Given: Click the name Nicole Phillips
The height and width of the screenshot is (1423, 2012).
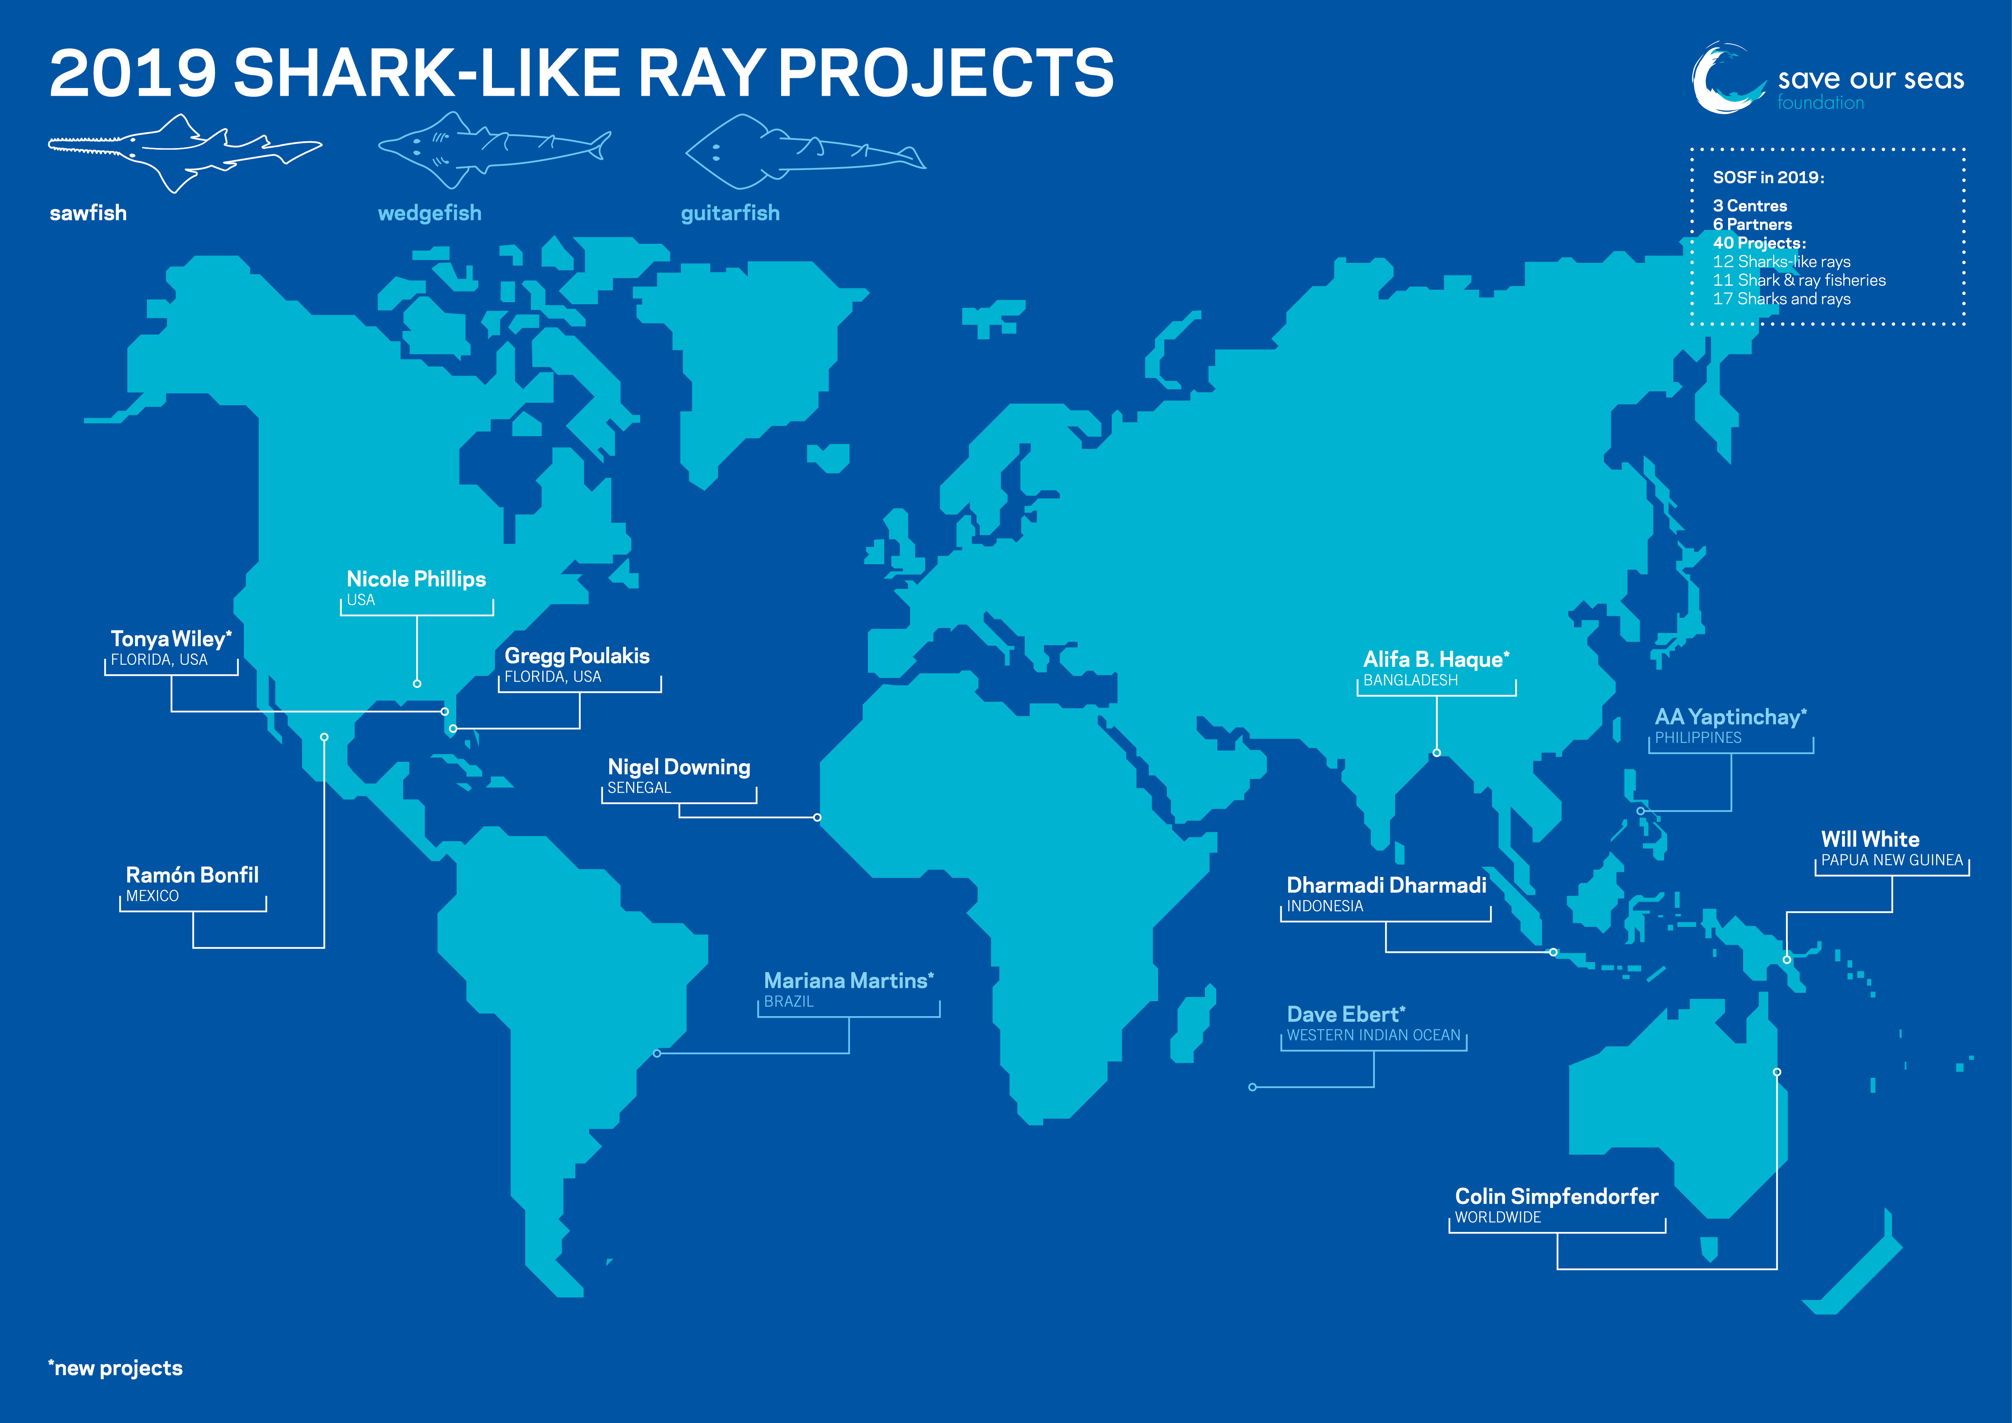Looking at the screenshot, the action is coord(416,579).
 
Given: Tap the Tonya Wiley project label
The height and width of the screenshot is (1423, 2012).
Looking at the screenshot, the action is coord(171,639).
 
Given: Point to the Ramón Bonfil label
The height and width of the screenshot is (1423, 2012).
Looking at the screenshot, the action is coord(192,875).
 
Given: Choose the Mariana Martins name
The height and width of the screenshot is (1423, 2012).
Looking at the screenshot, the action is coord(848,980).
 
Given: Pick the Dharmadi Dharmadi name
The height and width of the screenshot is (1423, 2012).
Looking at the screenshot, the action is coord(1386,885).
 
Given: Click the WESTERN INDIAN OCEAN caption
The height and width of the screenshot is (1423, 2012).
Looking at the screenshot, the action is coord(1373,1035).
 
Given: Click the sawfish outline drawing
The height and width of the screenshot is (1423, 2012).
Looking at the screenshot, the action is coord(185,153).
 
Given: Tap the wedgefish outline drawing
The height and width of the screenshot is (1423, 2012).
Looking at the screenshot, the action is coord(494,149).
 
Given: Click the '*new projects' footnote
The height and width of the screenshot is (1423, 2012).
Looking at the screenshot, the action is coord(116,1368).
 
